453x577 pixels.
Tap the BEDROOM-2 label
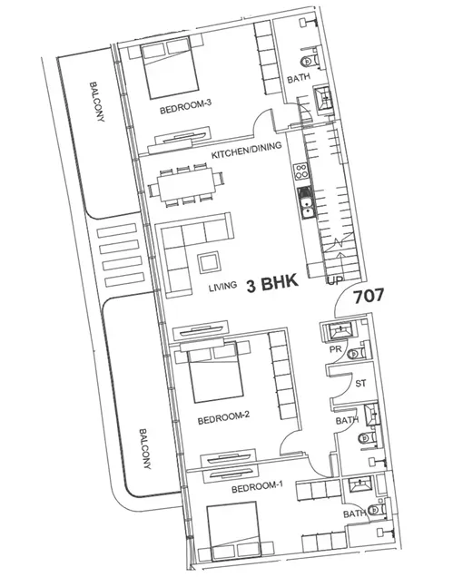tap(222, 417)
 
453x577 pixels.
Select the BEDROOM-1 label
tap(257, 487)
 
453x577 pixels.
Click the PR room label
tap(333, 347)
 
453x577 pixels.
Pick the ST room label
tap(360, 382)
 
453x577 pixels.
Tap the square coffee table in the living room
tap(208, 263)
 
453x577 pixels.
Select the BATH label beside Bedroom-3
tap(298, 80)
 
